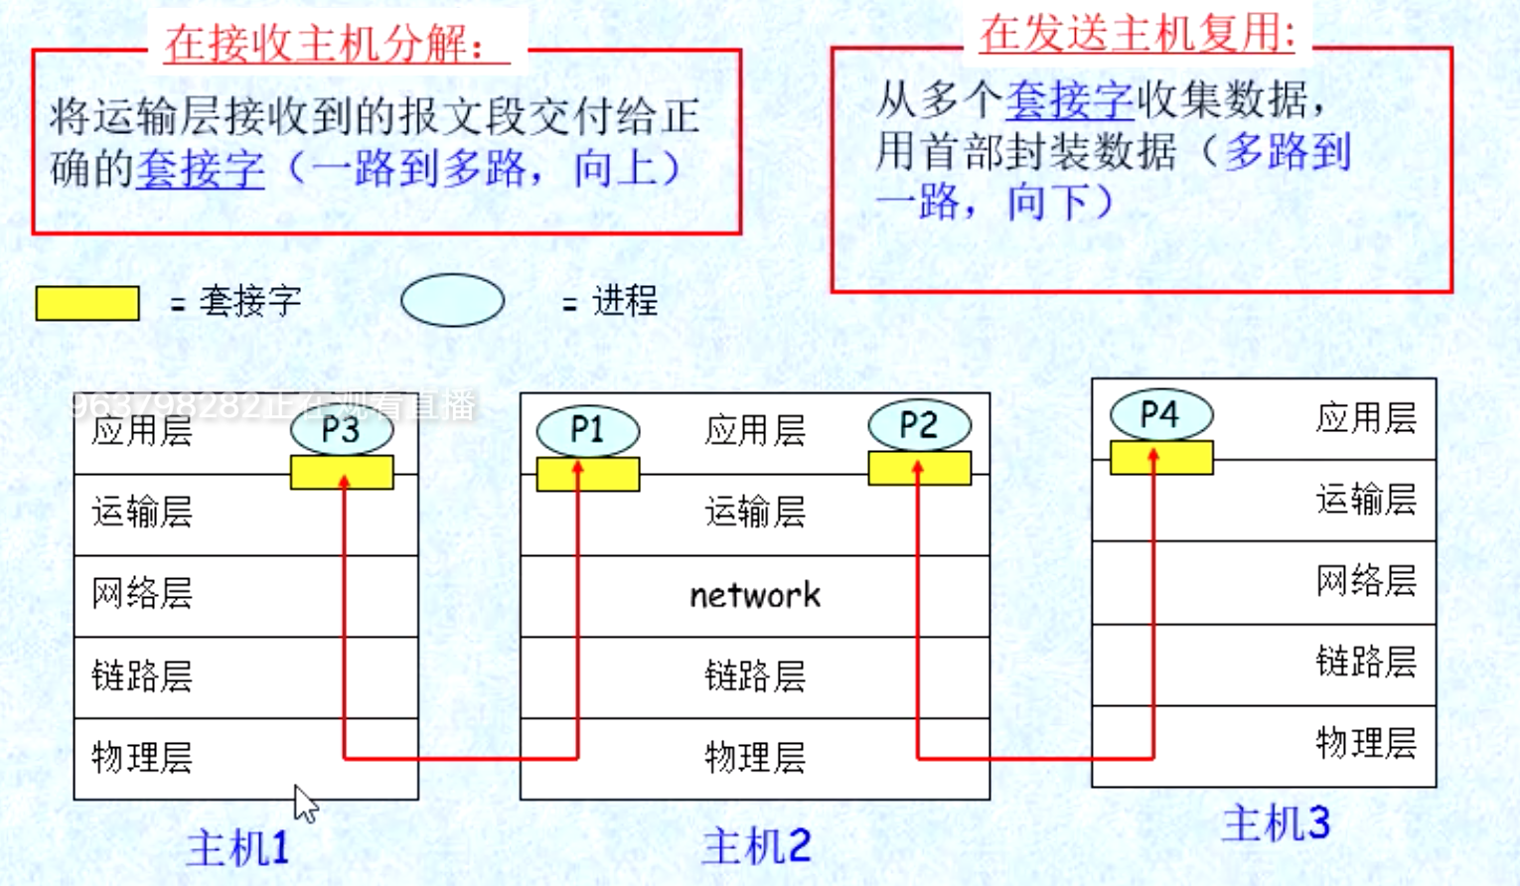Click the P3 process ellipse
[x=342, y=430]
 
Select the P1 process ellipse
[x=587, y=430]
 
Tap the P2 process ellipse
[x=919, y=425]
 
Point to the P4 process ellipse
[x=1160, y=414]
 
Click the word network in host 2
[x=755, y=595]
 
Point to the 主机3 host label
[x=1275, y=823]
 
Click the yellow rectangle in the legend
[x=87, y=303]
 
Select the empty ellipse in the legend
[x=452, y=300]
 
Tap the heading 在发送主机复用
[x=1138, y=33]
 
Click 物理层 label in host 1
[x=142, y=757]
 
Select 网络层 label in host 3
[x=1366, y=580]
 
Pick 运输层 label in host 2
[x=755, y=513]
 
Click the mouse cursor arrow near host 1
[x=305, y=802]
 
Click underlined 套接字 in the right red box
[x=1070, y=99]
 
